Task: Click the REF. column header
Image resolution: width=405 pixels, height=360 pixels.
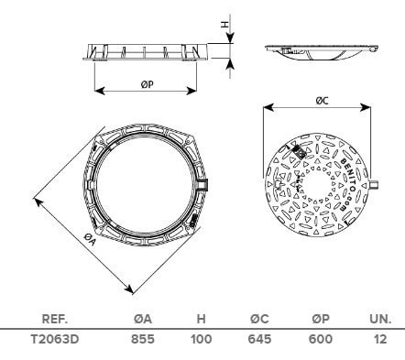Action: point(54,319)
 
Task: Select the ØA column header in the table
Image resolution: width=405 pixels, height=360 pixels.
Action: point(143,319)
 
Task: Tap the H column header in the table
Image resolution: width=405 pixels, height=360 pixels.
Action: point(201,319)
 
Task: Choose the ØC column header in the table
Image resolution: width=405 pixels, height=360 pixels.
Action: point(259,319)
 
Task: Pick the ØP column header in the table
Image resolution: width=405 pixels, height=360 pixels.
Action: point(321,319)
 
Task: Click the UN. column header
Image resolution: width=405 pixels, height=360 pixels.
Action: point(380,319)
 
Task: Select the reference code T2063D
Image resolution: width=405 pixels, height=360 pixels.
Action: point(55,339)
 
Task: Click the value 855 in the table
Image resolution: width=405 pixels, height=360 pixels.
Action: point(143,339)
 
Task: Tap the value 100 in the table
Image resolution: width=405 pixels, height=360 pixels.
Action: point(202,339)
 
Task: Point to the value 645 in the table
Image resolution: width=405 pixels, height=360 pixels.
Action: point(259,339)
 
